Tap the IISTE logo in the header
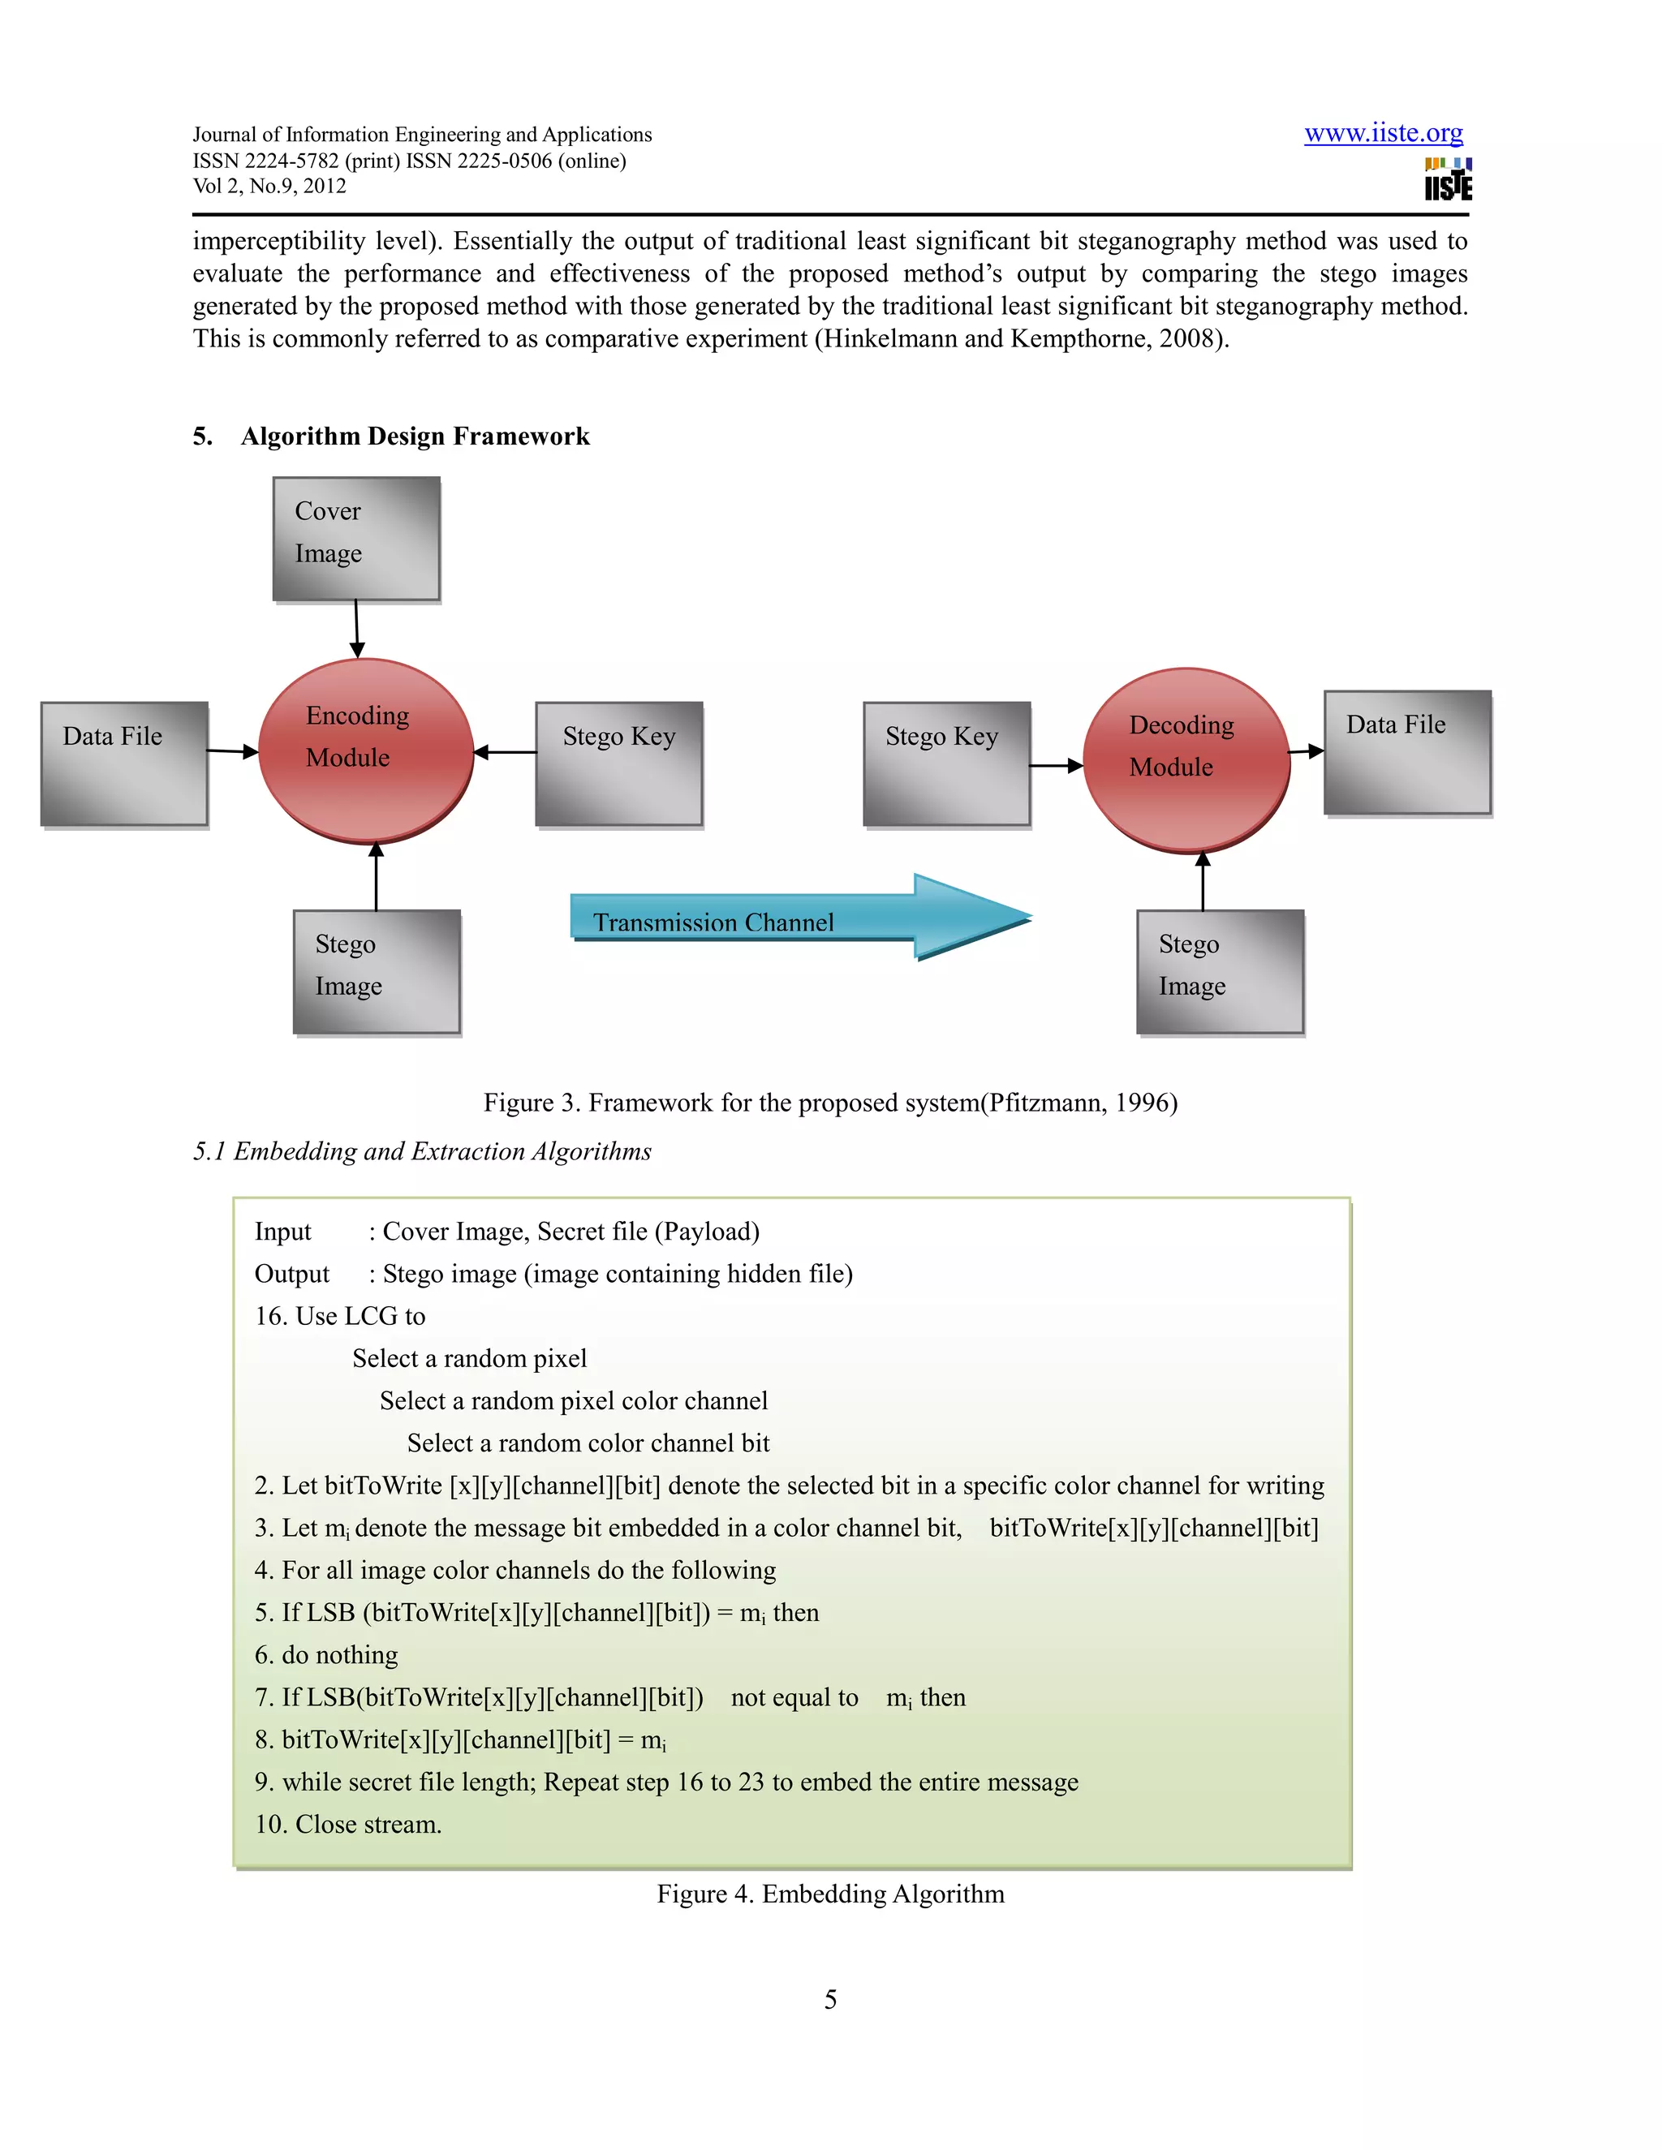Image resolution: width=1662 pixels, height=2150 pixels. click(x=1448, y=180)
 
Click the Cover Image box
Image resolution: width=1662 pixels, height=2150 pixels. click(x=355, y=539)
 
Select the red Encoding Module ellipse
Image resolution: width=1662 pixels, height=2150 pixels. click(x=365, y=750)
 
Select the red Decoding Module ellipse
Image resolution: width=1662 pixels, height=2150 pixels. click(x=1186, y=759)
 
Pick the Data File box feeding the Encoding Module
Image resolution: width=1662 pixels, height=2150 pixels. click(x=124, y=763)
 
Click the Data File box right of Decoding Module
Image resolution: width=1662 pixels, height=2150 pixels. click(x=1406, y=752)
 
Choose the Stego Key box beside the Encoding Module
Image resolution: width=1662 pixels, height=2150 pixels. click(x=618, y=763)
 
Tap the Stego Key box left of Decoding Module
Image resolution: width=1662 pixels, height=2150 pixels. click(x=946, y=763)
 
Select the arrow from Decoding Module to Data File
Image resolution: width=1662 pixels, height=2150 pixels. click(x=1306, y=751)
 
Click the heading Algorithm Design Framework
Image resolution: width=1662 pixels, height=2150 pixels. click(x=415, y=436)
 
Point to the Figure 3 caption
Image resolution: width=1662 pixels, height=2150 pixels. click(x=830, y=1103)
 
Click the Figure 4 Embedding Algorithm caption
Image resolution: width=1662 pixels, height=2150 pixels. click(x=830, y=1894)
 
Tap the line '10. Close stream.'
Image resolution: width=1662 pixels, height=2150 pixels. click(x=347, y=1824)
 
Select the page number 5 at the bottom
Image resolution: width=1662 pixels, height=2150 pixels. click(x=830, y=1999)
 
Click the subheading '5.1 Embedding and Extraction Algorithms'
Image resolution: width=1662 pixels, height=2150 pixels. click(x=422, y=1150)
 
